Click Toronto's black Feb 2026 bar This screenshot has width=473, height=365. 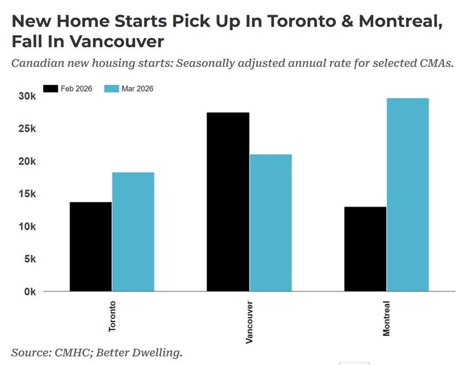tap(91, 246)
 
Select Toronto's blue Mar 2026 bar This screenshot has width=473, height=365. tap(133, 231)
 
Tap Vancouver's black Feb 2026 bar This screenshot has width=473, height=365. tap(228, 202)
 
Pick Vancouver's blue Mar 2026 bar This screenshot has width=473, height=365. tap(270, 222)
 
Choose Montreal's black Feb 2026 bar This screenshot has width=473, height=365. tap(365, 248)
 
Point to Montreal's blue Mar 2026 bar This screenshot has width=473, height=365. tap(407, 195)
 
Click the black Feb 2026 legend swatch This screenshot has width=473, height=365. tap(50, 89)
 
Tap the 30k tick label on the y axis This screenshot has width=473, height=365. tap(27, 96)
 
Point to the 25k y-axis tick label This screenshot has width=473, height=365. tap(27, 129)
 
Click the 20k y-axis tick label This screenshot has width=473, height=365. tap(27, 161)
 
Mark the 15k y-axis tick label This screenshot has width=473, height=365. tap(27, 194)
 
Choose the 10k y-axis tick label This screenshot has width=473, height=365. tap(27, 227)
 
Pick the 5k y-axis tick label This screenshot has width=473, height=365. tap(29, 259)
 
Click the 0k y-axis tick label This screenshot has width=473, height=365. tap(29, 292)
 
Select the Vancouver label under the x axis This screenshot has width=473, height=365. tap(249, 322)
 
